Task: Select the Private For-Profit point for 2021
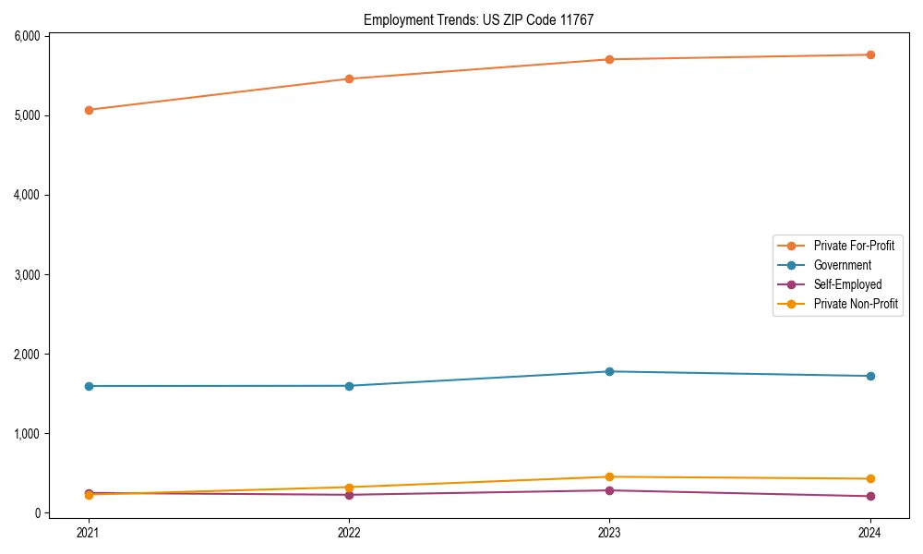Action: [89, 110]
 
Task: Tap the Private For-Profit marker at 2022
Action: [349, 78]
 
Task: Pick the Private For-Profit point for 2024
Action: [870, 54]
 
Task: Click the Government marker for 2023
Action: [609, 371]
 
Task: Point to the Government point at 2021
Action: [89, 386]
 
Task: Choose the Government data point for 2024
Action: [870, 376]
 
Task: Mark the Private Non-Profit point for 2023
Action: [609, 477]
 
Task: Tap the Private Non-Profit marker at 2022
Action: [349, 488]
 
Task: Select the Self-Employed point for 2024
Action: [870, 497]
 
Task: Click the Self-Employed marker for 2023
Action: [609, 490]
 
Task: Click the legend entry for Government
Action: [842, 265]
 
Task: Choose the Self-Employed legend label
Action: [847, 284]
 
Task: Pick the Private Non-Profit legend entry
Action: [856, 304]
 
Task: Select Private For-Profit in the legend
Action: [854, 246]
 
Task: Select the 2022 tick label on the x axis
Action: [349, 532]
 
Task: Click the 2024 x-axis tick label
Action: [870, 532]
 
